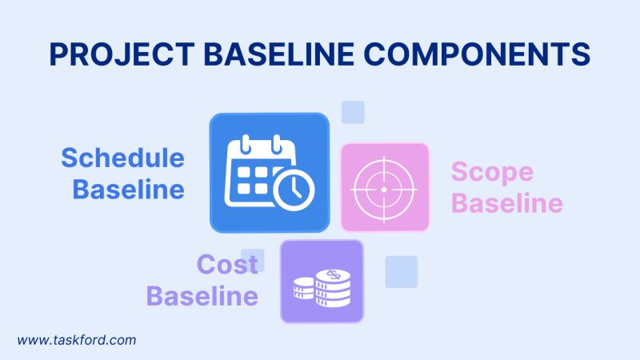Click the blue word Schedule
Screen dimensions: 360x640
122,158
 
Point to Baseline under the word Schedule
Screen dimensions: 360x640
129,190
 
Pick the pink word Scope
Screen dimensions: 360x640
492,171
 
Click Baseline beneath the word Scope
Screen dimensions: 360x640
506,204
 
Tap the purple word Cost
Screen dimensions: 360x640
227,264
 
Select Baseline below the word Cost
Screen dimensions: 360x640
202,296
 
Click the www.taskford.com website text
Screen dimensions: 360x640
77,340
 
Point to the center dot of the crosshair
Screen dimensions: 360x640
383,188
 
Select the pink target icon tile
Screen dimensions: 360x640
385,187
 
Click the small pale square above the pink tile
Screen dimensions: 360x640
353,112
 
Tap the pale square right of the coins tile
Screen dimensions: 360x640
401,271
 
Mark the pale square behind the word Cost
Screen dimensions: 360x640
253,258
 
